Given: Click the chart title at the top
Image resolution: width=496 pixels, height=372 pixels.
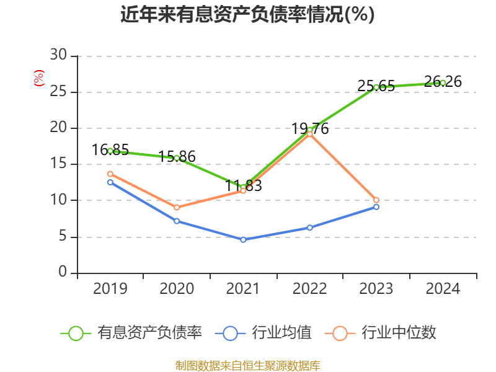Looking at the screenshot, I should click(247, 15).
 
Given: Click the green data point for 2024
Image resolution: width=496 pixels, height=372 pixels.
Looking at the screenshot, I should click(443, 82).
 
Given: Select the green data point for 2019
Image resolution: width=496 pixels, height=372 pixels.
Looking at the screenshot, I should click(110, 151).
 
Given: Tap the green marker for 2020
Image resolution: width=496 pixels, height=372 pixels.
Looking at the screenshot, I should click(177, 158).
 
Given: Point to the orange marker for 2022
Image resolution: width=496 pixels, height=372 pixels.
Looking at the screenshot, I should click(309, 134).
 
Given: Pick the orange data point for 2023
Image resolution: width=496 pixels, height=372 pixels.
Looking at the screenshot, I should click(376, 200).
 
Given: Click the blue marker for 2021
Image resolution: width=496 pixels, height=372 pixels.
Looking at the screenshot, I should click(243, 239).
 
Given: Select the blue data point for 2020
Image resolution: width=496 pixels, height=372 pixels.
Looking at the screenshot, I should click(177, 221).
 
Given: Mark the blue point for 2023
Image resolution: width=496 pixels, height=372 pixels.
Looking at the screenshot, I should click(376, 206).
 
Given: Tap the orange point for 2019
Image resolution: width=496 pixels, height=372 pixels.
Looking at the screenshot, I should click(110, 174).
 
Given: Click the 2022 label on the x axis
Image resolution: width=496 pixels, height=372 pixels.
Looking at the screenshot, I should click(309, 289).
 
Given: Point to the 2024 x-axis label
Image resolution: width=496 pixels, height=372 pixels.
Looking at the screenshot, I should click(443, 289).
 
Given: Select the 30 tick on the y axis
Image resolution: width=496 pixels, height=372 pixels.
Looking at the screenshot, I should click(58, 56).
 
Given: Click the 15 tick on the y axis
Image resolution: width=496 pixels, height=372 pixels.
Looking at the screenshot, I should click(58, 164).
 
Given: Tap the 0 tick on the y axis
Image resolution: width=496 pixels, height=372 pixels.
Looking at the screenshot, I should click(63, 273).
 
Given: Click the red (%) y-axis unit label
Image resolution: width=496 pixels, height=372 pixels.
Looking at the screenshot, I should click(39, 78).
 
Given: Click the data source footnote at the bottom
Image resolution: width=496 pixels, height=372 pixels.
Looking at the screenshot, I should click(247, 365).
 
